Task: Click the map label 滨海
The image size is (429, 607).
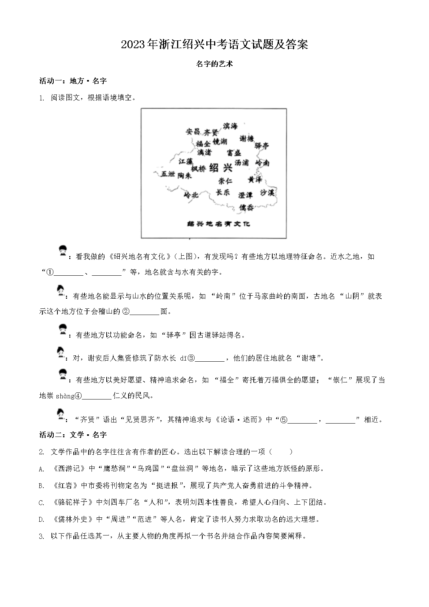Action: point(230,126)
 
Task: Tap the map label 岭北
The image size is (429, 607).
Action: point(191,195)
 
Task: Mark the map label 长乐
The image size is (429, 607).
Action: point(223,192)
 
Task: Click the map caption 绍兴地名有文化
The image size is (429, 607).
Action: point(213,223)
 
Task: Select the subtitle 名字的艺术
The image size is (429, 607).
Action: point(214,64)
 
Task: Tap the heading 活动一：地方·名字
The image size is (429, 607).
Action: point(73,81)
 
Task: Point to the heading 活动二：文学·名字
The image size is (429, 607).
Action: point(73,435)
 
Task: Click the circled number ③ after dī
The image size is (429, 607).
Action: point(191,358)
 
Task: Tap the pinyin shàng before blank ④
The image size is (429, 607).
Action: point(65,396)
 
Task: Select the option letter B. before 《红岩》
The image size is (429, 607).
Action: point(41,486)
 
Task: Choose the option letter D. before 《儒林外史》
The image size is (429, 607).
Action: point(41,520)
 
